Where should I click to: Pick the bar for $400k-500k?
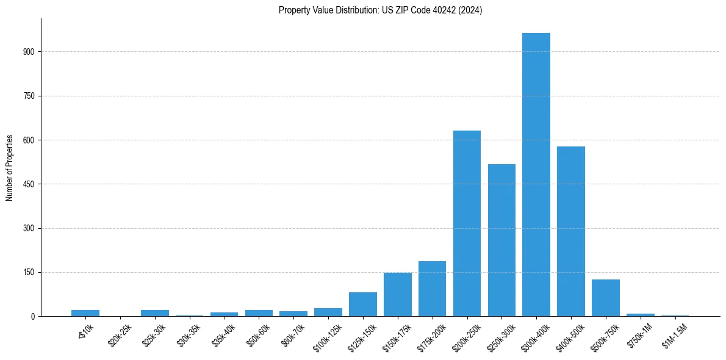click(x=570, y=231)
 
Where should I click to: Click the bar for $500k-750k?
click(x=605, y=298)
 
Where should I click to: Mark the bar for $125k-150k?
click(x=362, y=304)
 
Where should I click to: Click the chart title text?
click(x=380, y=10)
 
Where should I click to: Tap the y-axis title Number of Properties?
click(x=10, y=168)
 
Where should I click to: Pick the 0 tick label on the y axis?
click(x=34, y=317)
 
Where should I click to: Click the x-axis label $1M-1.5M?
click(x=674, y=335)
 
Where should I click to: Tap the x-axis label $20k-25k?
click(x=118, y=334)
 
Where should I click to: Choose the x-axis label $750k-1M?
click(x=639, y=334)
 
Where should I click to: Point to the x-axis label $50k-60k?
click(x=257, y=334)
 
